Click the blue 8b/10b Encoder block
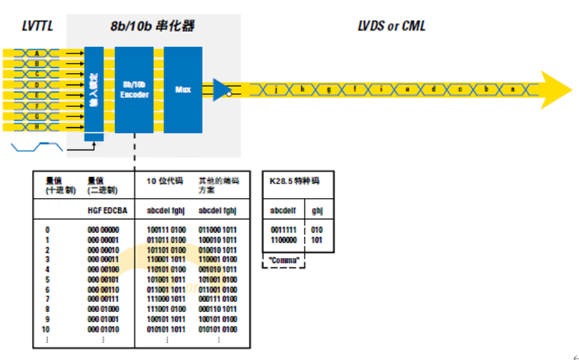[x=134, y=89]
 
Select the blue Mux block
[x=183, y=89]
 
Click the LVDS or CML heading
[x=392, y=27]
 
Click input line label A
[x=37, y=54]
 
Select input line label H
[x=37, y=126]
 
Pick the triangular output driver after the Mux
[x=222, y=89]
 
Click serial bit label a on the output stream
[x=511, y=89]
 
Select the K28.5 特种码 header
[x=295, y=181]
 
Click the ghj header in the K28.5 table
[x=317, y=211]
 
